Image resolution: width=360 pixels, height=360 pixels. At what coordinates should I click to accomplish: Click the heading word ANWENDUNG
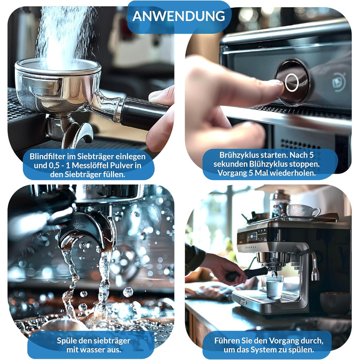coord(178,16)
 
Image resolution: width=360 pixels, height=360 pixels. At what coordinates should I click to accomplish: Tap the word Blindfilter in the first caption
coord(47,156)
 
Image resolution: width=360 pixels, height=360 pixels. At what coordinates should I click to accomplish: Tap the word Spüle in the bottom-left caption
coord(65,341)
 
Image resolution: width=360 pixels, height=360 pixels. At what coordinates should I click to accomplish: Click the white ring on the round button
coord(292,82)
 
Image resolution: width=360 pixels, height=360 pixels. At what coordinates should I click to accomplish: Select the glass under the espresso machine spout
coord(274,287)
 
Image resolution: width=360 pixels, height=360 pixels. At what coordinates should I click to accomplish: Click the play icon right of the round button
coord(339,82)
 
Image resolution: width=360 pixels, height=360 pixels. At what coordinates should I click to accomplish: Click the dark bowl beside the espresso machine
coord(335,302)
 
